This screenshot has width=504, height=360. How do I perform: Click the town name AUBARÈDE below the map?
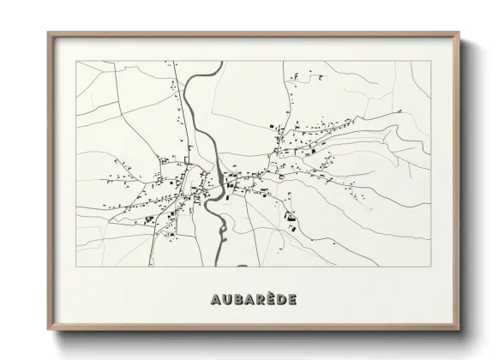pyautogui.click(x=253, y=299)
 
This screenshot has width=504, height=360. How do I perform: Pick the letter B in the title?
pyautogui.click(x=236, y=299)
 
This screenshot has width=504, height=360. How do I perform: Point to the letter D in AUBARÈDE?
pyautogui.click(x=280, y=299)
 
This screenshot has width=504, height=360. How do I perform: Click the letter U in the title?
pyautogui.click(x=225, y=299)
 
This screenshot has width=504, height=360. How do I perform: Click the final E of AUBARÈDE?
pyautogui.click(x=292, y=299)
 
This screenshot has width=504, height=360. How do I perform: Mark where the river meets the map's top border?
pyautogui.click(x=206, y=62)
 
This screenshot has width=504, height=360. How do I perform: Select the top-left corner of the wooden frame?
pyautogui.click(x=49, y=33)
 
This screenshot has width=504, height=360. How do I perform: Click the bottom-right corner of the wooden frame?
pyautogui.click(x=460, y=329)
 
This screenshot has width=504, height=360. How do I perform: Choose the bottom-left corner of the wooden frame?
pyautogui.click(x=49, y=329)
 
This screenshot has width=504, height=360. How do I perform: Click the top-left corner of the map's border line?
pyautogui.click(x=77, y=62)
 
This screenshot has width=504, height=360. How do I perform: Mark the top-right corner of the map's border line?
pyautogui.click(x=431, y=62)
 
